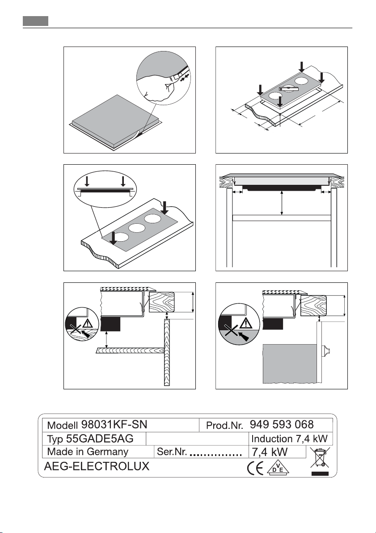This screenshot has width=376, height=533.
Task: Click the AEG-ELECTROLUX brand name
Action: coord(97,467)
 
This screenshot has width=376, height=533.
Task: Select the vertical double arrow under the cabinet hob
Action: coord(282,203)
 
